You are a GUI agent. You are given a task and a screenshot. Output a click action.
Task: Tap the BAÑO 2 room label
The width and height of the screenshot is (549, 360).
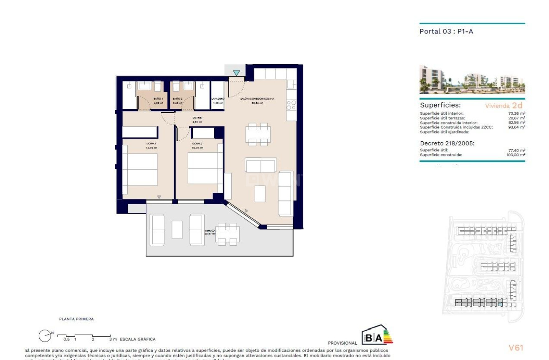177,98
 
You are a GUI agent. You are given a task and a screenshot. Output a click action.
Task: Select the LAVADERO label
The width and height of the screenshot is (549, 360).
218,99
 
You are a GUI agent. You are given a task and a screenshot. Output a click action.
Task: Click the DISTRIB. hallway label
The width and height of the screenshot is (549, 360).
197,118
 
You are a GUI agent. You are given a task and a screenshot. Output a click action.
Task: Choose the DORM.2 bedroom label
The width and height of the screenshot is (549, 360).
197,144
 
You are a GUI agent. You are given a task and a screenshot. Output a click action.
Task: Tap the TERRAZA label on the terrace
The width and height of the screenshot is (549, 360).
210,231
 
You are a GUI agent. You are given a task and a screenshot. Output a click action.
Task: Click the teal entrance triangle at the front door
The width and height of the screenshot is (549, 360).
236,73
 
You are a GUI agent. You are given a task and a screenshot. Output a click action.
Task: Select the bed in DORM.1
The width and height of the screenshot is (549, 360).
139,170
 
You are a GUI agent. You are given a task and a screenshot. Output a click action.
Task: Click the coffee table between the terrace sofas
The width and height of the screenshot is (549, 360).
177,229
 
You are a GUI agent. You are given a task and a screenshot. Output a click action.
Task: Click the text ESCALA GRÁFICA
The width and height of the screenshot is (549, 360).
137,340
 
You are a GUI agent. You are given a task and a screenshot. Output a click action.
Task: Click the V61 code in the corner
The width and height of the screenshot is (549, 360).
516,347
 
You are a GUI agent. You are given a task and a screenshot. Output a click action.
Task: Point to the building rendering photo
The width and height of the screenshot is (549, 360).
472,79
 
